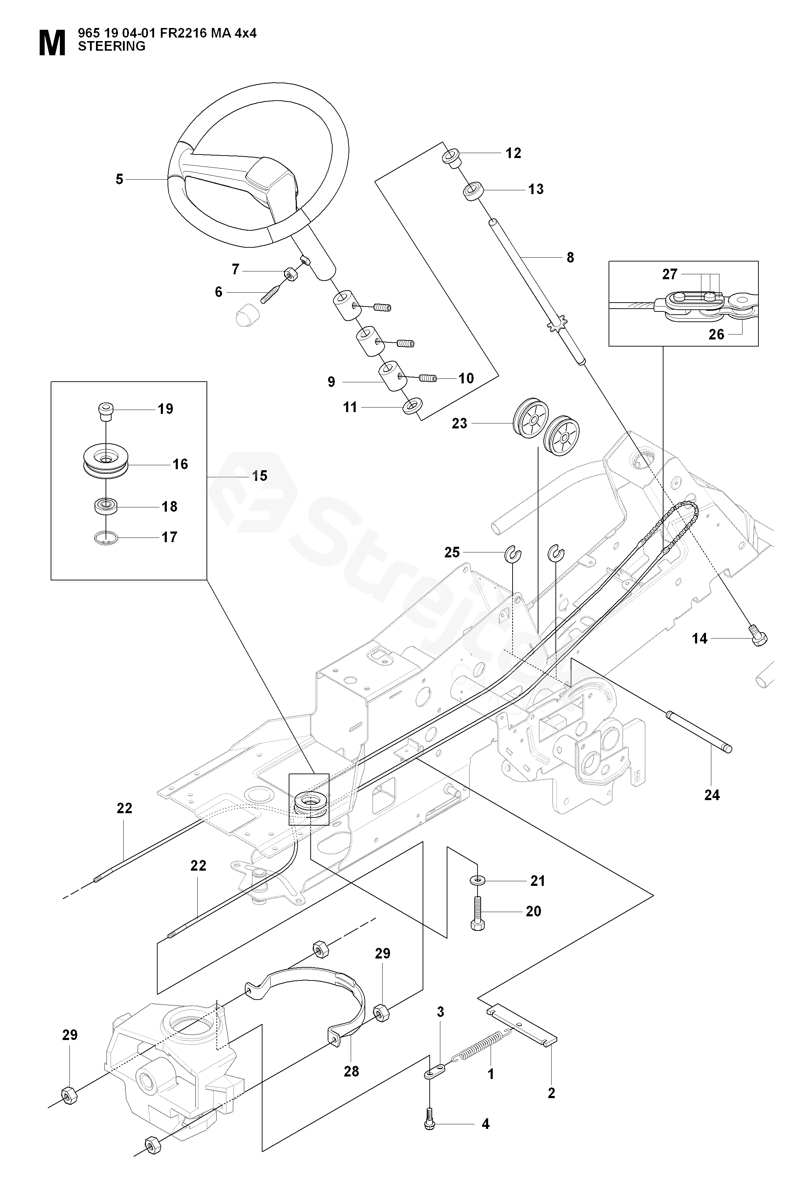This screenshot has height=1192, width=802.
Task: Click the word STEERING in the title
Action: tap(112, 46)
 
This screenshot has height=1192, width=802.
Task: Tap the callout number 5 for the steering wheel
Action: tap(119, 180)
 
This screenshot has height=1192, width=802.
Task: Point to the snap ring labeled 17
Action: tap(106, 537)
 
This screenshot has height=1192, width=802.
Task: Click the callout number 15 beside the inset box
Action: tap(260, 476)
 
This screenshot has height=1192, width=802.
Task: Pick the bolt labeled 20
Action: tap(478, 914)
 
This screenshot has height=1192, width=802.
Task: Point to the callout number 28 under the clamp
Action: tap(351, 1071)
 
